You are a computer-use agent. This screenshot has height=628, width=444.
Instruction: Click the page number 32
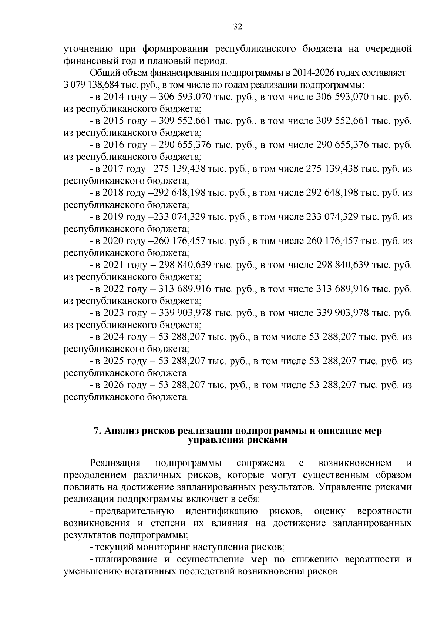click(x=238, y=27)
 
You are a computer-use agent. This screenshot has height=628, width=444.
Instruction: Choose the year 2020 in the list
click(x=113, y=241)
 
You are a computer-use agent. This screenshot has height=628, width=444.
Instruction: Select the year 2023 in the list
click(x=113, y=313)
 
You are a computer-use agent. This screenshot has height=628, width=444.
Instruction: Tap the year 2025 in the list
click(x=113, y=361)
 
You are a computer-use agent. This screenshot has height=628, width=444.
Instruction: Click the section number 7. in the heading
click(x=97, y=431)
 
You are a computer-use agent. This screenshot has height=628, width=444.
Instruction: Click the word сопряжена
click(x=260, y=463)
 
